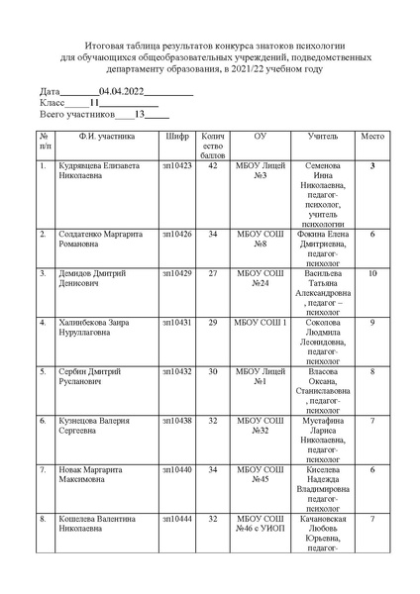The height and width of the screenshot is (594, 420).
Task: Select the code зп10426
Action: pyautogui.click(x=179, y=235)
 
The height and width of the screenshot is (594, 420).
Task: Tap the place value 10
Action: pyautogui.click(x=372, y=272)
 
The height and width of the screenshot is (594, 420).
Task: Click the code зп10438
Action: pyautogui.click(x=179, y=421)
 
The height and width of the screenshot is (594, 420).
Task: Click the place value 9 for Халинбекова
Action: pyautogui.click(x=372, y=323)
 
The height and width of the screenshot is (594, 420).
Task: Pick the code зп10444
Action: pyautogui.click(x=179, y=518)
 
